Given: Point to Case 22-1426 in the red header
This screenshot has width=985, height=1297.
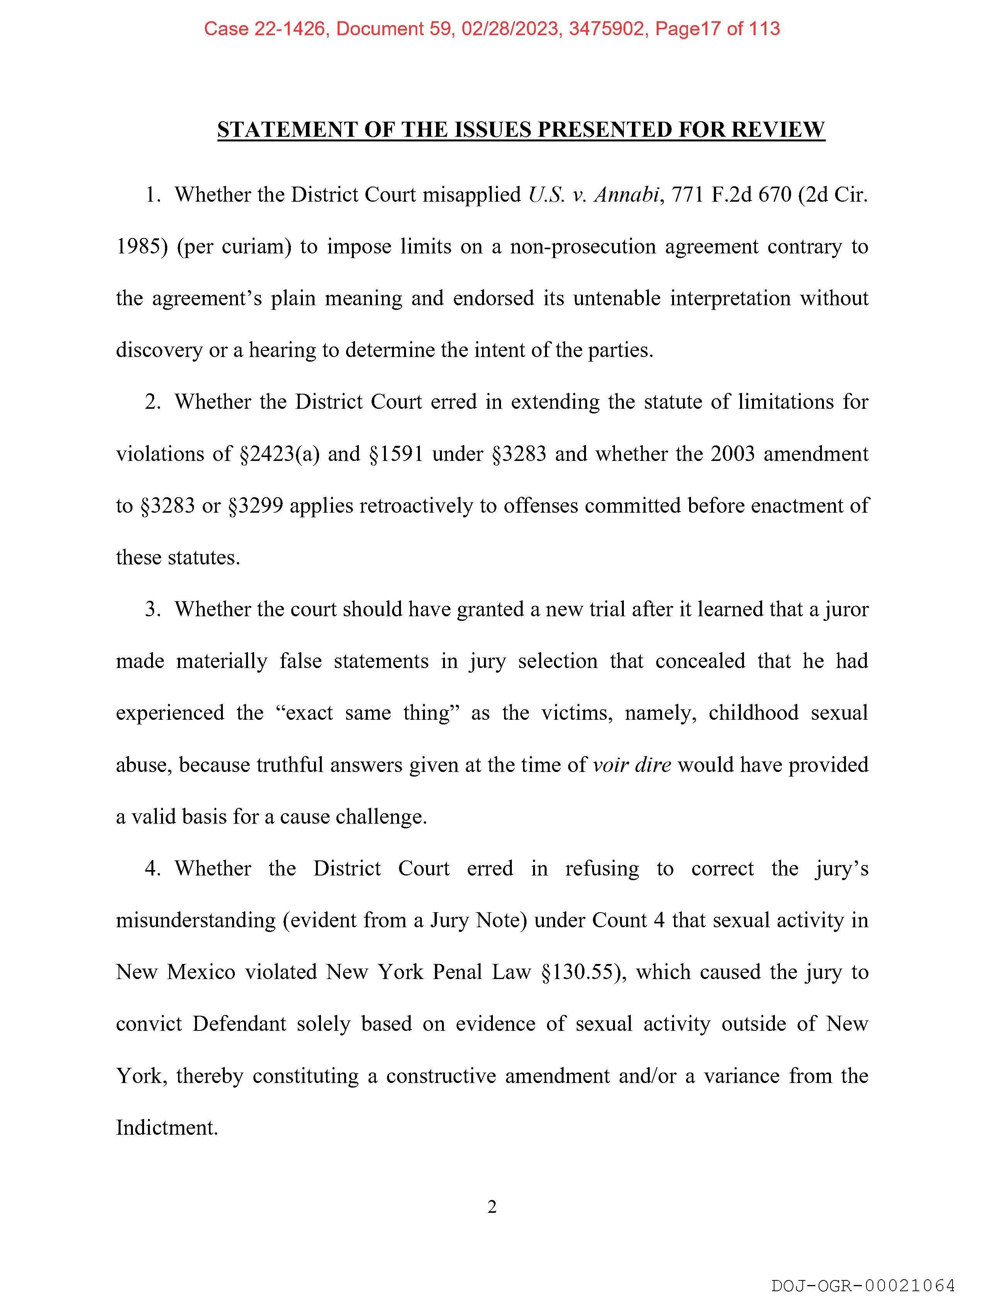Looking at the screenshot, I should [x=265, y=29].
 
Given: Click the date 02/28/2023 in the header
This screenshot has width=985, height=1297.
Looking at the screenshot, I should [x=509, y=29].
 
